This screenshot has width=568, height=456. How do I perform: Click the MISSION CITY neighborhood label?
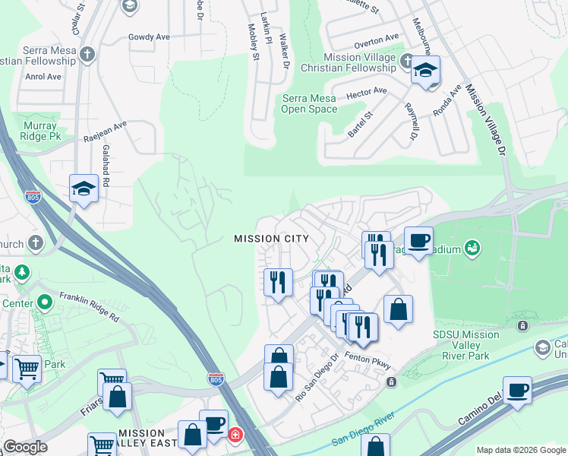(x=271, y=239)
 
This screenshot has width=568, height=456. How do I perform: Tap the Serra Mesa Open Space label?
(x=309, y=103)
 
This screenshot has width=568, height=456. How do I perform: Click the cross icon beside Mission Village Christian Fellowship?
(x=408, y=61)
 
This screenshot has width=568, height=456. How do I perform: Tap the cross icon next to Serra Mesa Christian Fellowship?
(x=88, y=55)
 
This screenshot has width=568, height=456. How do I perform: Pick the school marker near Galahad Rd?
(x=83, y=188)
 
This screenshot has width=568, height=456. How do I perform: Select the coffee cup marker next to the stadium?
(x=418, y=240)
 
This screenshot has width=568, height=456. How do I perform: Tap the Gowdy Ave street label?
(x=149, y=36)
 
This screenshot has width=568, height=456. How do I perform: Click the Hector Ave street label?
(x=366, y=93)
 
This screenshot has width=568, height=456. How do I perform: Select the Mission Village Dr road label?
(x=486, y=122)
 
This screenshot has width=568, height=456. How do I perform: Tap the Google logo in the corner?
(x=25, y=447)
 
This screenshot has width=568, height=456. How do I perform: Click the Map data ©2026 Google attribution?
(x=521, y=450)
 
